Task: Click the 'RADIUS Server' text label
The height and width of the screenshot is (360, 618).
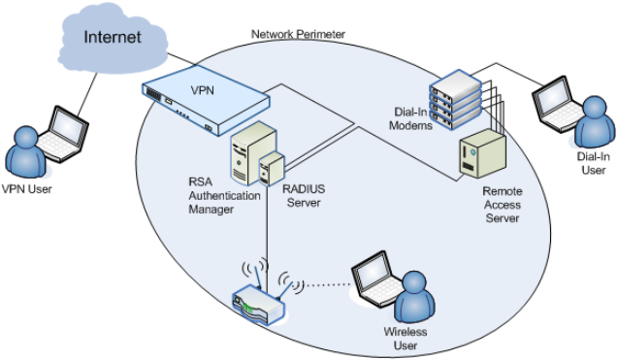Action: click(301, 195)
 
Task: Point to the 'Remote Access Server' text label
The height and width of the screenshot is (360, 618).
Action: click(501, 205)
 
